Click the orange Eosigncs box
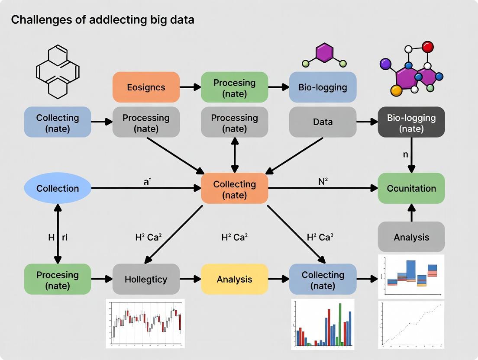[146, 87]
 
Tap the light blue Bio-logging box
[323, 87]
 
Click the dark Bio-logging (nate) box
[411, 122]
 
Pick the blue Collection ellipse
[58, 188]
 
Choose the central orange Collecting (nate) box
[234, 188]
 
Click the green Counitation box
[411, 188]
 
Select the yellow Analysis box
[234, 279]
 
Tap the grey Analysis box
[411, 237]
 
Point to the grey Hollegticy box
[146, 279]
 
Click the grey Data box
[323, 122]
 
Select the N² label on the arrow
[323, 182]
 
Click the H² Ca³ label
[320, 237]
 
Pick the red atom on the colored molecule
[428, 46]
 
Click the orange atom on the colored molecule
[396, 90]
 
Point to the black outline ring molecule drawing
[58, 71]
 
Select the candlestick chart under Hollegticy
[145, 323]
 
